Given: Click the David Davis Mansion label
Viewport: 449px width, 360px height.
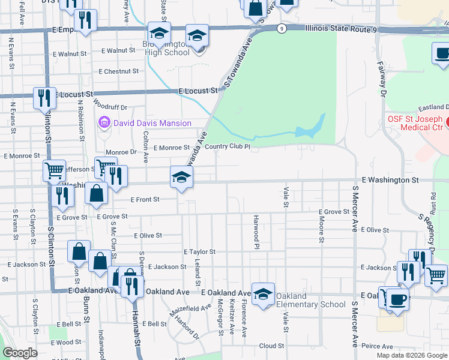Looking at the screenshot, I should coord(152,124).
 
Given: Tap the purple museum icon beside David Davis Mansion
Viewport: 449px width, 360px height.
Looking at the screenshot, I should coord(104,124).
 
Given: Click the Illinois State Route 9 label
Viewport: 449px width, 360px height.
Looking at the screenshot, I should coord(341,28).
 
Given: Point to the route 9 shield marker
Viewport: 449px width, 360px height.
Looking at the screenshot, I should coord(281,28).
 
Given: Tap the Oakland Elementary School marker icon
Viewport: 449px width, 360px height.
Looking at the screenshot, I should coord(263,294).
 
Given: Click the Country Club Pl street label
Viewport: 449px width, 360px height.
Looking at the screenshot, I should coord(227,146).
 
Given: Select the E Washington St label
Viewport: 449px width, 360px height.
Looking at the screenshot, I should coord(390,179).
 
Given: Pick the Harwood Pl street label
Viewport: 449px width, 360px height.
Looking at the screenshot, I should coord(256,232).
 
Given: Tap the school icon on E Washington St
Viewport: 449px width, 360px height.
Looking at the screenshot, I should coord(182,177).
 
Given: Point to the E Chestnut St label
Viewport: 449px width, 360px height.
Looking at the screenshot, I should coord(119,71).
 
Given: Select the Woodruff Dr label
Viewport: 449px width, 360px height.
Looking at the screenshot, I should coord(115,107).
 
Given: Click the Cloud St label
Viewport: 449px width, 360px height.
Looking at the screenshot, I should coord(271,346).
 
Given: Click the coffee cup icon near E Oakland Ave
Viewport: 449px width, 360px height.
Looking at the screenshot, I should coord(397,298).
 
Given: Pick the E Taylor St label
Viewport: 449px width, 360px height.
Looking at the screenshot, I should coord(199,252).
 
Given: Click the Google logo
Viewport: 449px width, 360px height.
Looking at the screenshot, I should coord(20,353).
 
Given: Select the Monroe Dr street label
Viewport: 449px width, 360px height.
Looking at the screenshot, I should coord(121,152).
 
